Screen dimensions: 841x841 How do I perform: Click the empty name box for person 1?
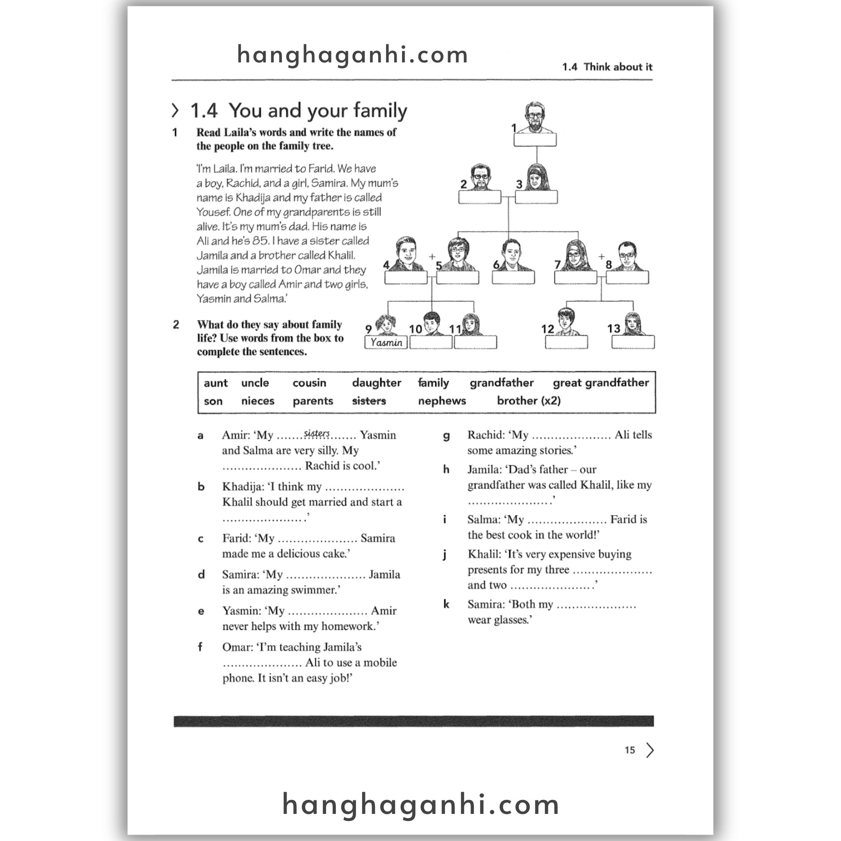tap(535, 140)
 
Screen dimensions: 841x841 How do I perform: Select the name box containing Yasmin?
tap(386, 342)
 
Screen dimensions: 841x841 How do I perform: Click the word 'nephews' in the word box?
tap(441, 400)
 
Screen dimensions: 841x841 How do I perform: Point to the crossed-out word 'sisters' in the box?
tap(369, 400)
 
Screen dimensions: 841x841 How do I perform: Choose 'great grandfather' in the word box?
tap(600, 383)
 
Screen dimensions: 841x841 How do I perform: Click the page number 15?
tap(630, 750)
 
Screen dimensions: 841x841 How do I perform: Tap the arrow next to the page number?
tap(650, 750)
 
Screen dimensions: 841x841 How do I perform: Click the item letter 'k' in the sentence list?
tap(446, 604)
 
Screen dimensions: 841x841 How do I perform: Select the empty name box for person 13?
tap(632, 342)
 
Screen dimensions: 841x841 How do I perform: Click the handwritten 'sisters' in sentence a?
tap(317, 433)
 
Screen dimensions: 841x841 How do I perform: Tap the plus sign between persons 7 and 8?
tap(601, 256)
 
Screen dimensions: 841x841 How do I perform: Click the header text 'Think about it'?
tap(618, 67)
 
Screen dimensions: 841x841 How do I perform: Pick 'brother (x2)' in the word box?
tap(528, 400)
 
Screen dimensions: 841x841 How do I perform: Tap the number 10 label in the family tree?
tap(415, 329)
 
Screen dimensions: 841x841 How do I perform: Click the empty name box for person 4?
tap(406, 277)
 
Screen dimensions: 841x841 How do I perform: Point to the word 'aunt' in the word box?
tap(216, 383)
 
